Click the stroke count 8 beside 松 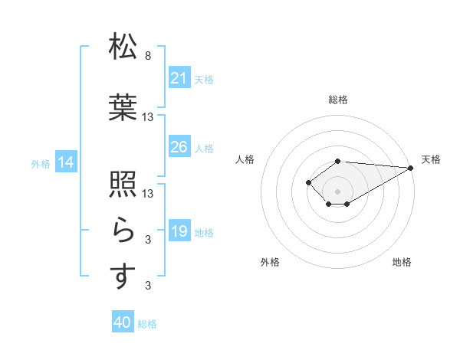click(x=148, y=56)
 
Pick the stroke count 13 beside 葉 click(x=148, y=116)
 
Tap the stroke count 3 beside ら click(x=148, y=240)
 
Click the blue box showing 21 click(x=179, y=77)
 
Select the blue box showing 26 click(x=179, y=146)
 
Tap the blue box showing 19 click(x=179, y=231)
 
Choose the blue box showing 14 click(x=65, y=162)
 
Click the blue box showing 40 click(x=122, y=322)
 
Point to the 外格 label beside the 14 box click(x=41, y=163)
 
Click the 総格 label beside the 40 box click(x=147, y=324)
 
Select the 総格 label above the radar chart click(x=337, y=100)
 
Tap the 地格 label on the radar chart click(x=402, y=263)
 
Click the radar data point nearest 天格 click(x=411, y=167)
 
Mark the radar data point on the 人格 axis click(x=308, y=182)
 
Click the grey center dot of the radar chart click(x=337, y=191)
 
